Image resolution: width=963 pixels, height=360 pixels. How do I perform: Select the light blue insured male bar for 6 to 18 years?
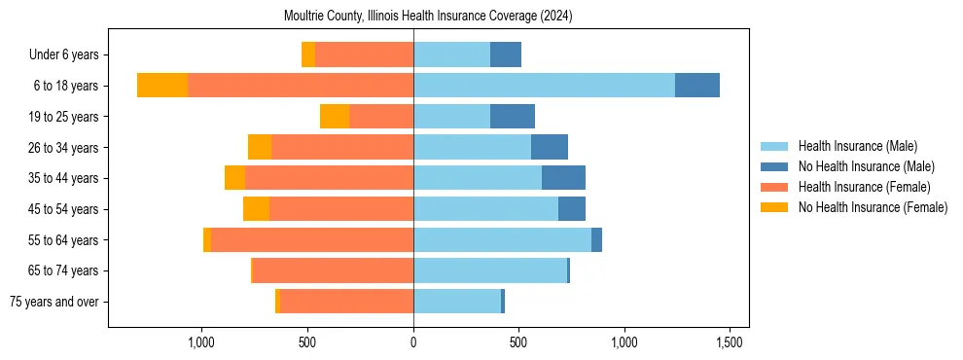point(544,86)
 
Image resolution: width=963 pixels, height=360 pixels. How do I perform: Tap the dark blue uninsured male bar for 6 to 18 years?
point(696,86)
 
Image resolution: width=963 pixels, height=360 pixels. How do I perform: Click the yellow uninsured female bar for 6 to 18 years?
point(162,86)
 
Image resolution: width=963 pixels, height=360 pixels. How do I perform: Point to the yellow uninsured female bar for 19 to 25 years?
point(335,117)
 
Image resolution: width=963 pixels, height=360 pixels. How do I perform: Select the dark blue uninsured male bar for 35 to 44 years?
point(563,178)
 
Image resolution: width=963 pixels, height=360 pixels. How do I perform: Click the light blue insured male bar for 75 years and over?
point(457,302)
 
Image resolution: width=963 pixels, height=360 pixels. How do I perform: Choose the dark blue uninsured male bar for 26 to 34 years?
point(550,147)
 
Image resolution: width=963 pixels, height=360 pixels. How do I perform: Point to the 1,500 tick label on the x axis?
point(730,342)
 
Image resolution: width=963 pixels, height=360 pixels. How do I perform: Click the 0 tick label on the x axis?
point(413,342)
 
